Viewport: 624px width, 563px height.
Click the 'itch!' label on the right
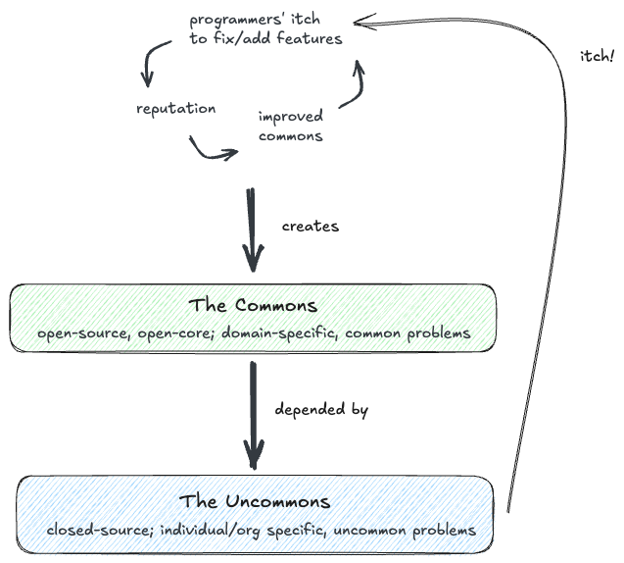pyautogui.click(x=596, y=56)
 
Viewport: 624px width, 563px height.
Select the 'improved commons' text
pyautogui.click(x=291, y=127)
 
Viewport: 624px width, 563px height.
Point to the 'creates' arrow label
pyautogui.click(x=310, y=226)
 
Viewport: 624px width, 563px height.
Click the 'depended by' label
pyautogui.click(x=321, y=410)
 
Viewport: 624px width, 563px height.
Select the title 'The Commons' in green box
pyautogui.click(x=254, y=305)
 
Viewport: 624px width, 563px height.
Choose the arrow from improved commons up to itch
pyautogui.click(x=354, y=83)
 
